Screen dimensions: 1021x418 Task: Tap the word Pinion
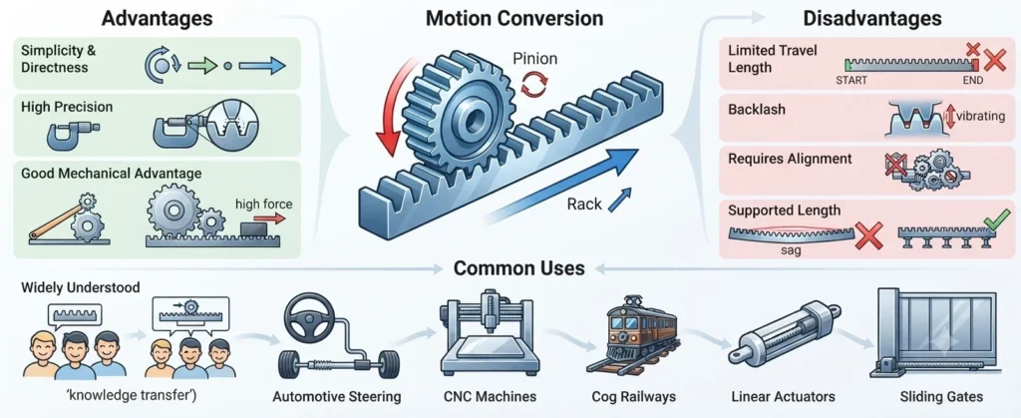534,59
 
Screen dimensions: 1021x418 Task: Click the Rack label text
583,205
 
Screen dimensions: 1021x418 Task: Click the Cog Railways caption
633,396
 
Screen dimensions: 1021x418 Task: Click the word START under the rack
851,80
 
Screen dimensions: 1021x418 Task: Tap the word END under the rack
974,80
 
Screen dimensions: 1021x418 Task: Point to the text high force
263,204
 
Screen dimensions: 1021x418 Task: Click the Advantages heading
157,19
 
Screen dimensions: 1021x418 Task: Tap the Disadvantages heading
871,19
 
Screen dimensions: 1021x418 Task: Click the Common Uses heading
518,267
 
